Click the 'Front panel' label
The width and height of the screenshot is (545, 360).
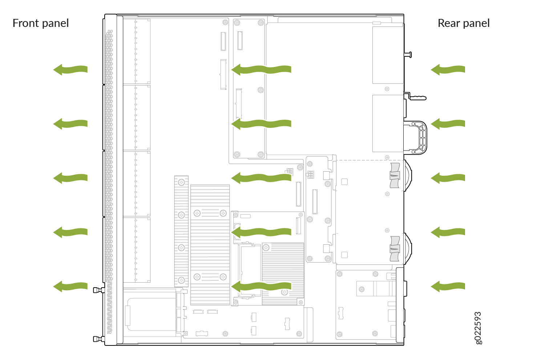(41, 24)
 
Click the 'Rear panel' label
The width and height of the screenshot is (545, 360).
(464, 24)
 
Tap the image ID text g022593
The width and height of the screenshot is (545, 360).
(479, 328)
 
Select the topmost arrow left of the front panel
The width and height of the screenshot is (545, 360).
(70, 70)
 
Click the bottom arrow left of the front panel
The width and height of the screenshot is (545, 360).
(70, 286)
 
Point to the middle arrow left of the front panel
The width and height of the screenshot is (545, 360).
(70, 178)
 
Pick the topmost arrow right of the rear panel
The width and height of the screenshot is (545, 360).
(448, 70)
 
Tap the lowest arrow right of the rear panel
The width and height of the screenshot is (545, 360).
(448, 286)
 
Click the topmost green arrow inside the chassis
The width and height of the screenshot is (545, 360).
(261, 70)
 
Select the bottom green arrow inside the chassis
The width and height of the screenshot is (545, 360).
(261, 286)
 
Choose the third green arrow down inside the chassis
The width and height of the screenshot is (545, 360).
(261, 178)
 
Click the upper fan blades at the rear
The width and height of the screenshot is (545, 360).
(395, 175)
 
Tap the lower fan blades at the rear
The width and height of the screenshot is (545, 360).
(395, 249)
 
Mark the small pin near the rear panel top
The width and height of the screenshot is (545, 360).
(408, 55)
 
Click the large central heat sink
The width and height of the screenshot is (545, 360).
(210, 245)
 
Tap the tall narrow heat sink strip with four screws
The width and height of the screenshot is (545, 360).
(181, 231)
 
